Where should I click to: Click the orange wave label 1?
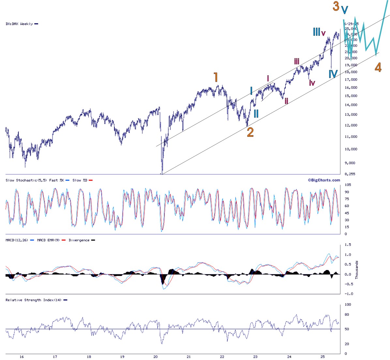(x=216, y=77)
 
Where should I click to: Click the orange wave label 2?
(x=250, y=132)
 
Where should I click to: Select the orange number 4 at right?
(x=378, y=67)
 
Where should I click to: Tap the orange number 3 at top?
(x=336, y=6)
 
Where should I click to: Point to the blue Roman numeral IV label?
(x=333, y=74)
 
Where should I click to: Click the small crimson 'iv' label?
(x=312, y=83)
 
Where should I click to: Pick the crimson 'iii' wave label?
(x=296, y=61)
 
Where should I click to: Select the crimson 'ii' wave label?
(x=286, y=101)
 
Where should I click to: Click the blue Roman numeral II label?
(x=256, y=113)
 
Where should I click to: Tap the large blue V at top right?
(x=345, y=10)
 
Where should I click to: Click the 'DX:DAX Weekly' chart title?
(x=19, y=24)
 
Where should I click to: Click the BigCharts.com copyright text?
(x=324, y=180)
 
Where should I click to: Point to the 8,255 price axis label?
(x=351, y=174)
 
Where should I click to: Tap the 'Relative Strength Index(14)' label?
(x=33, y=300)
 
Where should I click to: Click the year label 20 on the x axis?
(x=156, y=357)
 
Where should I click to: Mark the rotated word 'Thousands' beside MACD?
(x=357, y=269)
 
